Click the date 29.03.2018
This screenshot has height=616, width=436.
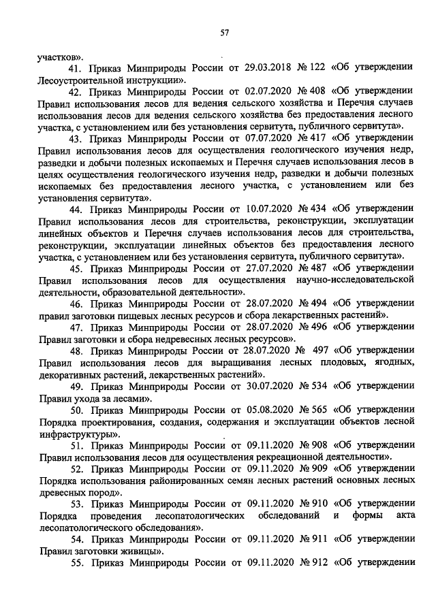[255, 69]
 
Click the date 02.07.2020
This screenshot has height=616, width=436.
[255, 92]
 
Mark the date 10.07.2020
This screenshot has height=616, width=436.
[255, 208]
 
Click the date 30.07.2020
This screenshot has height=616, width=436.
[255, 385]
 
